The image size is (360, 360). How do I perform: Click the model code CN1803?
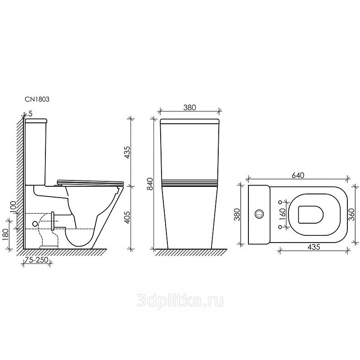37,99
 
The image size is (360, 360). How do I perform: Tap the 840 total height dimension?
150,184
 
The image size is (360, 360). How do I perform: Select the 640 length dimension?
298,175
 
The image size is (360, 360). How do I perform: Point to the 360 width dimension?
351,214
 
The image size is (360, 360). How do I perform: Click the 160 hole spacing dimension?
283,214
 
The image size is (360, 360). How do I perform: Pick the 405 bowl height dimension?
127,217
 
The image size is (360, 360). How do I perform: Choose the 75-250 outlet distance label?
36,260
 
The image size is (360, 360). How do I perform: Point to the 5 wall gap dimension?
31,113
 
